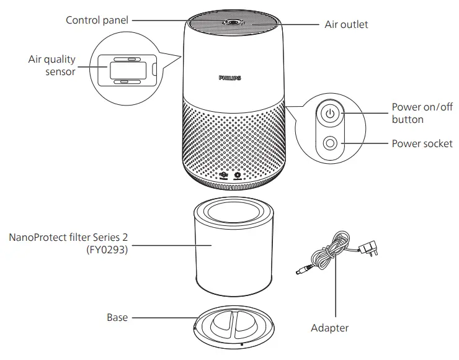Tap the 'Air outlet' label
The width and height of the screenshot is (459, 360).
tap(346, 25)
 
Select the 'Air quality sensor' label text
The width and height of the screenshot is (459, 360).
tap(51, 65)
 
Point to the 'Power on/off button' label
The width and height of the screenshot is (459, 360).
tap(422, 113)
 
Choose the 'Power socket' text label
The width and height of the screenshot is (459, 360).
tap(422, 143)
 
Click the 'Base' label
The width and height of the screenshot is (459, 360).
tap(117, 317)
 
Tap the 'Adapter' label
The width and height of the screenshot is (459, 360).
tap(329, 328)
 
